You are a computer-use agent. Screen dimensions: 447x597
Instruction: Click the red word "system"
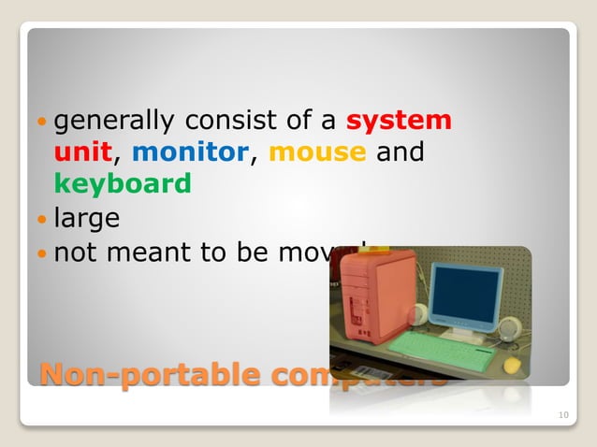(400, 121)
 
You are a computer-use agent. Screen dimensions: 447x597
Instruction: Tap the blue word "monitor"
(191, 152)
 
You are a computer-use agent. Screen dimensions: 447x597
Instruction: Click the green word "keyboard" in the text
(123, 183)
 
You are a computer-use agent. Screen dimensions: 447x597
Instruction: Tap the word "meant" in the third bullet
(153, 252)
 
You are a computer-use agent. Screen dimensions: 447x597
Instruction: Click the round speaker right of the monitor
(511, 328)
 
